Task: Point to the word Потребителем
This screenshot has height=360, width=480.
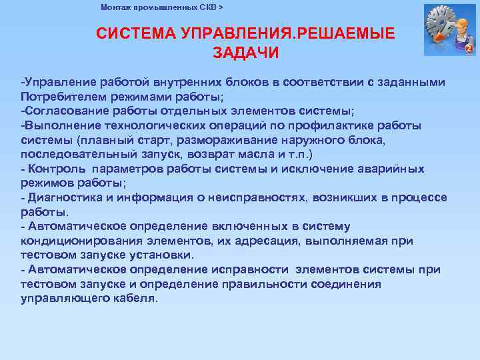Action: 58,96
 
